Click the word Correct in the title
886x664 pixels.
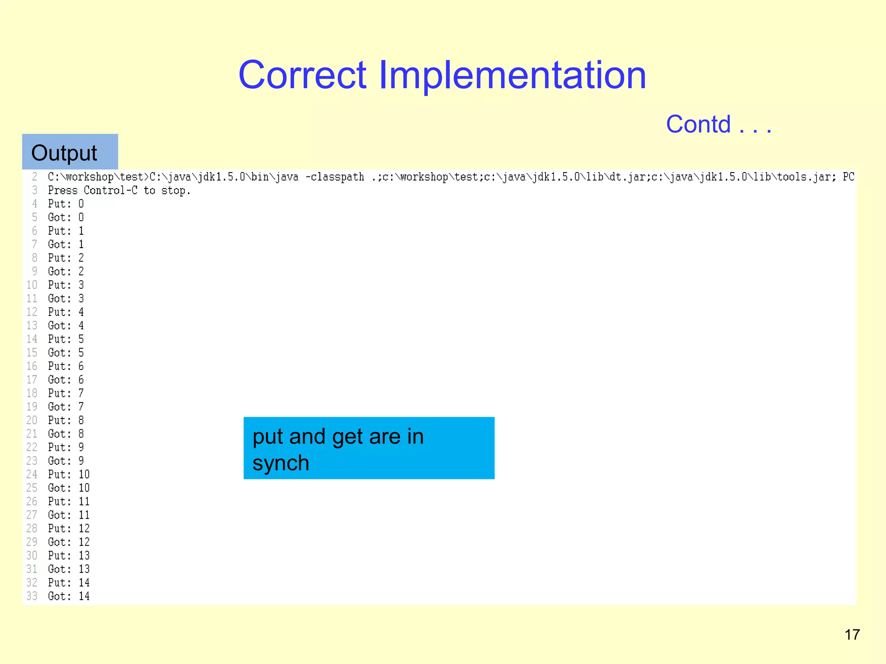[302, 75]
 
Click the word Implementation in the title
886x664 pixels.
[512, 75]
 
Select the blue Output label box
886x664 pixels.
[70, 152]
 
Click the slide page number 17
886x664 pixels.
[852, 635]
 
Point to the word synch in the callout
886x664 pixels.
[281, 463]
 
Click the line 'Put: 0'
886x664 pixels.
[66, 204]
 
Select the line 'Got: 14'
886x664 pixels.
[69, 596]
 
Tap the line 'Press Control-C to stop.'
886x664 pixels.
[119, 190]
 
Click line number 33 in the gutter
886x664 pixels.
[32, 596]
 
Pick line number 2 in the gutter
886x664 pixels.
[35, 177]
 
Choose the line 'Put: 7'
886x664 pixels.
[66, 393]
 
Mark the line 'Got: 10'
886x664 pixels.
[69, 488]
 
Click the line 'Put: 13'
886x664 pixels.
[69, 555]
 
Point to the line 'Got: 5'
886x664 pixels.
[66, 353]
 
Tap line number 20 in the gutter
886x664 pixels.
[32, 420]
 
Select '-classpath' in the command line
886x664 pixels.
[335, 177]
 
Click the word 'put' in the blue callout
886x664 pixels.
[268, 437]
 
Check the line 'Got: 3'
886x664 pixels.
[66, 299]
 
